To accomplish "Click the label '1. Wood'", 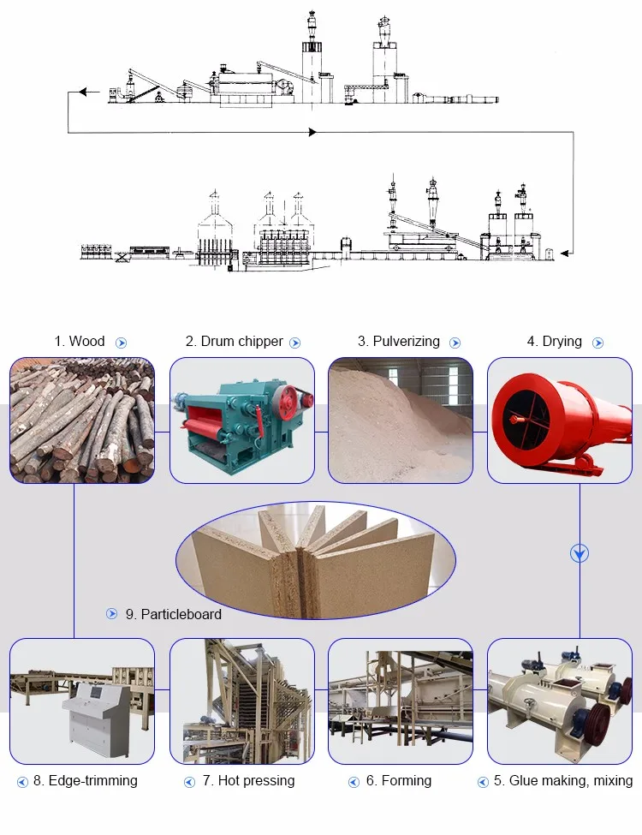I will (x=80, y=342).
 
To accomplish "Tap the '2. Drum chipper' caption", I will (x=234, y=342).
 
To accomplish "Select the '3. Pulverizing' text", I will (x=399, y=342).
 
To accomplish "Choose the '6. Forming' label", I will (x=398, y=780).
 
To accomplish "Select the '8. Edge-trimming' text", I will (x=85, y=780).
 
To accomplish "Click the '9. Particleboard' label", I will (x=173, y=614).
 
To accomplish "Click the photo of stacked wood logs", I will (x=82, y=420).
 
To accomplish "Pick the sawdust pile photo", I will (x=401, y=420).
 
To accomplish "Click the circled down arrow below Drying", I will (x=580, y=554).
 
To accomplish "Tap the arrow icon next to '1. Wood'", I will (x=122, y=343).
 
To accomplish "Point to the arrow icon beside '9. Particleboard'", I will (x=112, y=614).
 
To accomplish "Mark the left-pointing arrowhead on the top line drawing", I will (x=83, y=92).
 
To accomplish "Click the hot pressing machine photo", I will (x=241, y=701).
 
